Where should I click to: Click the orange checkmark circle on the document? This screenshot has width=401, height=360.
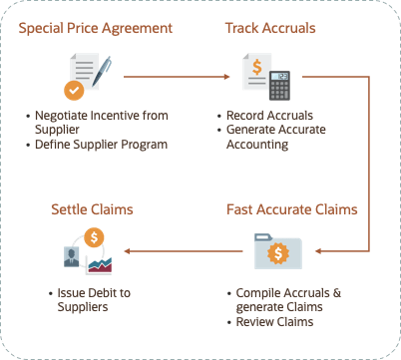click(72, 91)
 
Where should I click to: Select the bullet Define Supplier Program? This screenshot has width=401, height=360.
click(97, 145)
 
